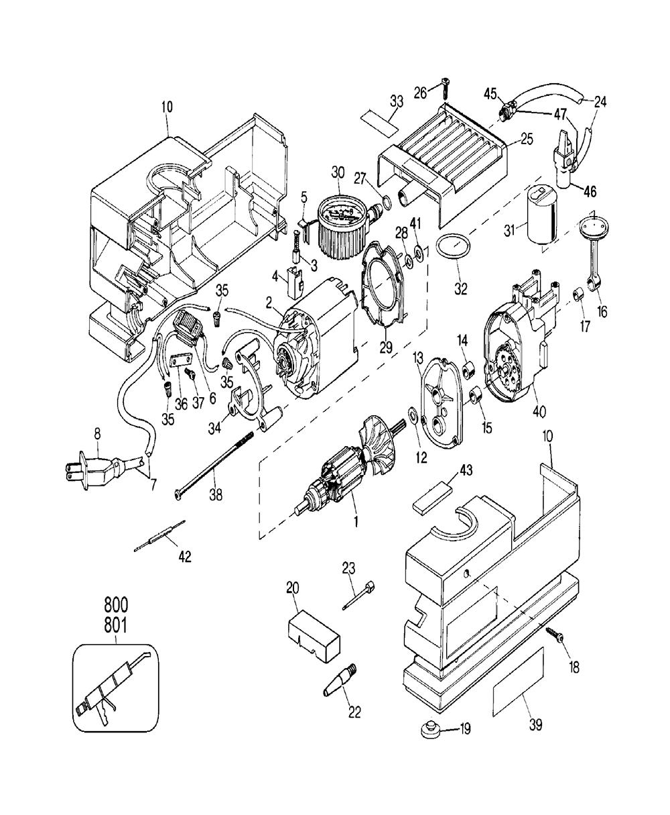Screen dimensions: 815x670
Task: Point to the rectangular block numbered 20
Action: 313,634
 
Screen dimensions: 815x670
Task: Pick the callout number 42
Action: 184,557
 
